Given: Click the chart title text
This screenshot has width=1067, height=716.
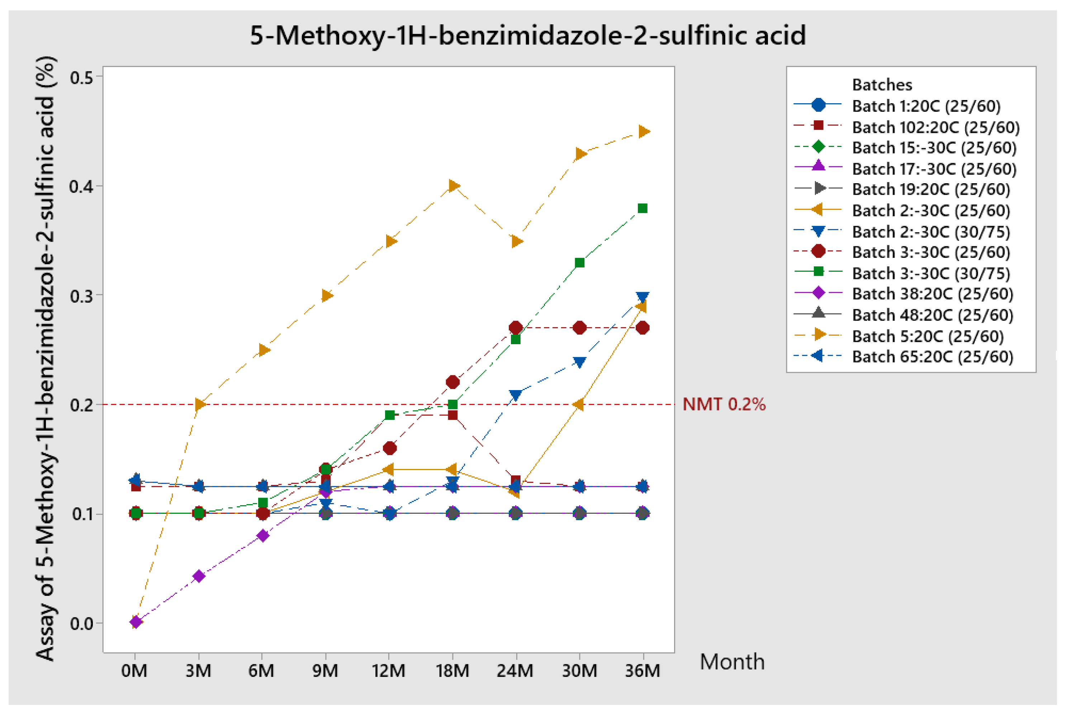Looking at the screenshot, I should [528, 35].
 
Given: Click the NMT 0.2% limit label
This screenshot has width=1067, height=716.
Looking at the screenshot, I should [724, 404].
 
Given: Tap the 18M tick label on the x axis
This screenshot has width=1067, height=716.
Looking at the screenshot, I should [452, 671].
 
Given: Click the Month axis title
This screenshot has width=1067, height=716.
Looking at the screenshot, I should [732, 662].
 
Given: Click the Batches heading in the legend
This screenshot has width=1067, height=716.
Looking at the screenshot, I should [882, 85].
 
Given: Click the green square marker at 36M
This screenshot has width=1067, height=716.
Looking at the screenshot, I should [642, 209].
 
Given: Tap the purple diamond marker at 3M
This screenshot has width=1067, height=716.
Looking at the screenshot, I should [199, 576].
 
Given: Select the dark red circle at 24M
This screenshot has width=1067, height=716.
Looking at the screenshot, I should [516, 328].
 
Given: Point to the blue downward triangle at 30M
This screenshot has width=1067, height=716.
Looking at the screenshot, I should [579, 362].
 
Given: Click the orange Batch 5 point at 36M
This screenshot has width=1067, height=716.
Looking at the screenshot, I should [643, 132].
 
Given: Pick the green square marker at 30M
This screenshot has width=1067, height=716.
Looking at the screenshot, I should [579, 262].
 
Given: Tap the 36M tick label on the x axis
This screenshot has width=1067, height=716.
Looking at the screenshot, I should [642, 671].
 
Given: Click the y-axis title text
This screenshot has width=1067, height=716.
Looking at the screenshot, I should [45, 359].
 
